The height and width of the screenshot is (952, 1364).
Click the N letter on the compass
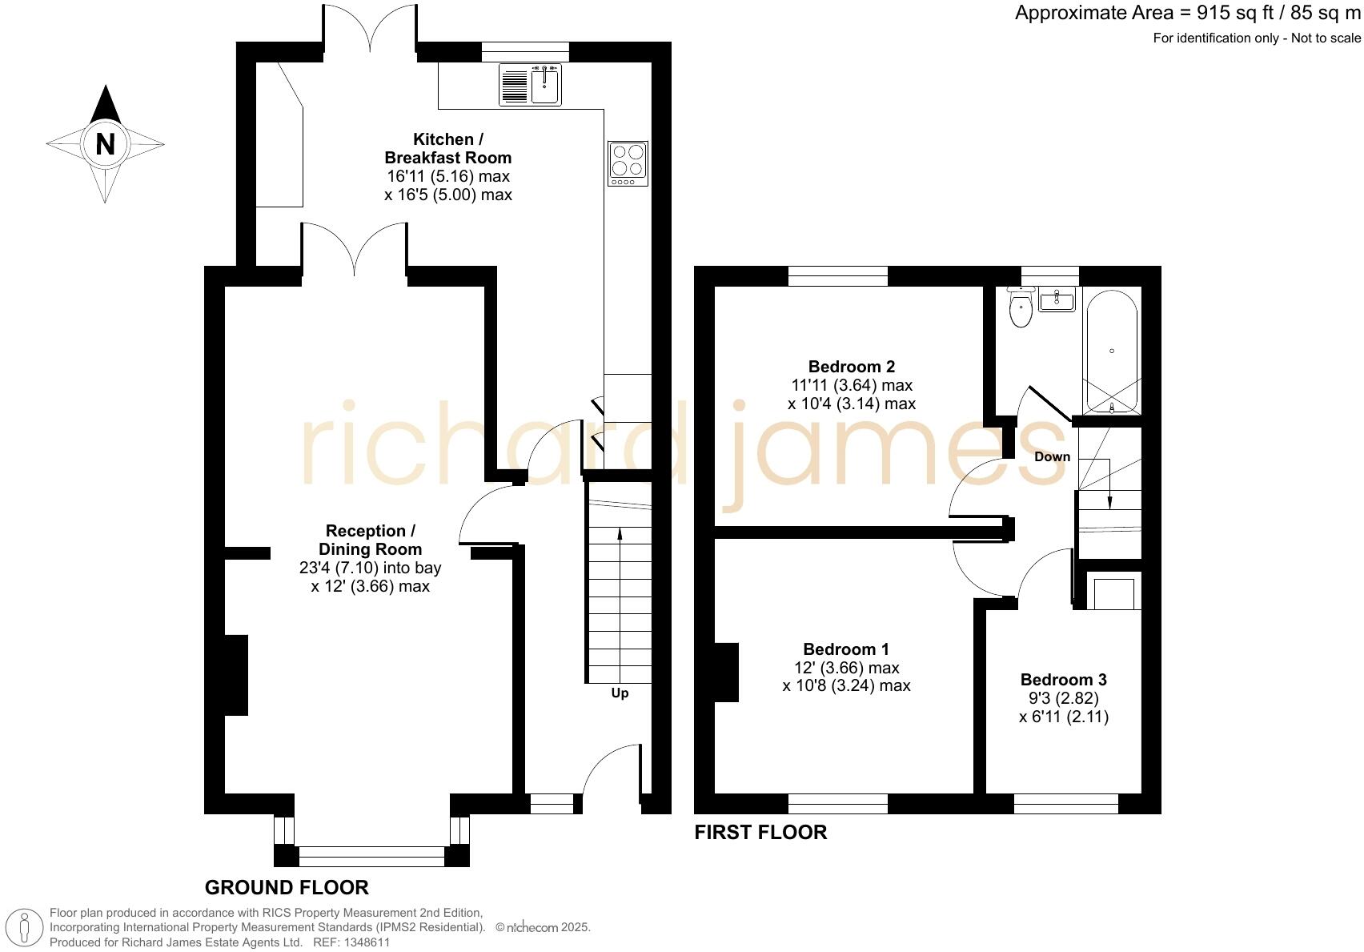tap(105, 144)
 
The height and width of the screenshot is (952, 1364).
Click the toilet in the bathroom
tap(1021, 308)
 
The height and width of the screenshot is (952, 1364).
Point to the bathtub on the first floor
tap(1110, 351)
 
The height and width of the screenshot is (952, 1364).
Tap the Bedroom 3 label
tap(1063, 680)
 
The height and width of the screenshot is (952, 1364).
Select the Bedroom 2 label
tap(851, 367)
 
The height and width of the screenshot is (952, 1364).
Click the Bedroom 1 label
tap(846, 649)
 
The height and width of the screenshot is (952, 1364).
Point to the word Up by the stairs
tap(620, 693)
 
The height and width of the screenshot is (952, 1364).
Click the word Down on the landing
tap(1052, 457)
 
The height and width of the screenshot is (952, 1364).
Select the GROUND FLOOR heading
tap(287, 887)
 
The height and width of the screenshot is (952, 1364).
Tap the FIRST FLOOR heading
tap(760, 833)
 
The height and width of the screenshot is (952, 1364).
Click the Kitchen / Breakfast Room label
tap(447, 148)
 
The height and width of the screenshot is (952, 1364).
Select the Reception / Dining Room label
tap(370, 540)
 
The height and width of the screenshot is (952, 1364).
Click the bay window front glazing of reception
tap(371, 856)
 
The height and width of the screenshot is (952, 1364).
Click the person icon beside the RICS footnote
tap(25, 928)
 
